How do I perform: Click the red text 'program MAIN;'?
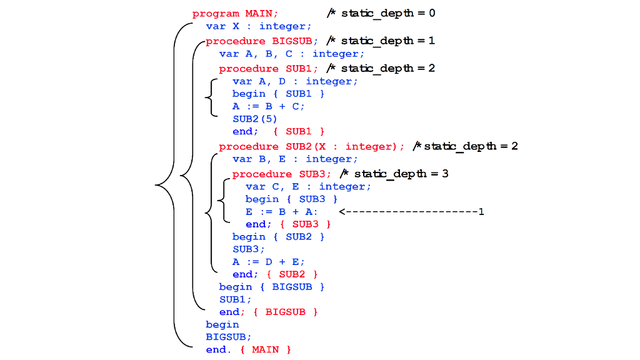[x=235, y=13]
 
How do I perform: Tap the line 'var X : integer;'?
[x=258, y=26]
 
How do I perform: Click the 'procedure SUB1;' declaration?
[x=268, y=69]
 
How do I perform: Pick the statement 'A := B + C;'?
[x=269, y=106]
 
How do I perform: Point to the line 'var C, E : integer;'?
[x=308, y=186]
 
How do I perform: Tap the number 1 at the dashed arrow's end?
[x=481, y=211]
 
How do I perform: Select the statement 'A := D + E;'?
[x=269, y=261]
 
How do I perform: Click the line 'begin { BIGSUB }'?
[x=272, y=286]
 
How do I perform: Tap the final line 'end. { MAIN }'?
[x=248, y=349]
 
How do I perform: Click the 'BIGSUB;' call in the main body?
[x=228, y=336]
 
